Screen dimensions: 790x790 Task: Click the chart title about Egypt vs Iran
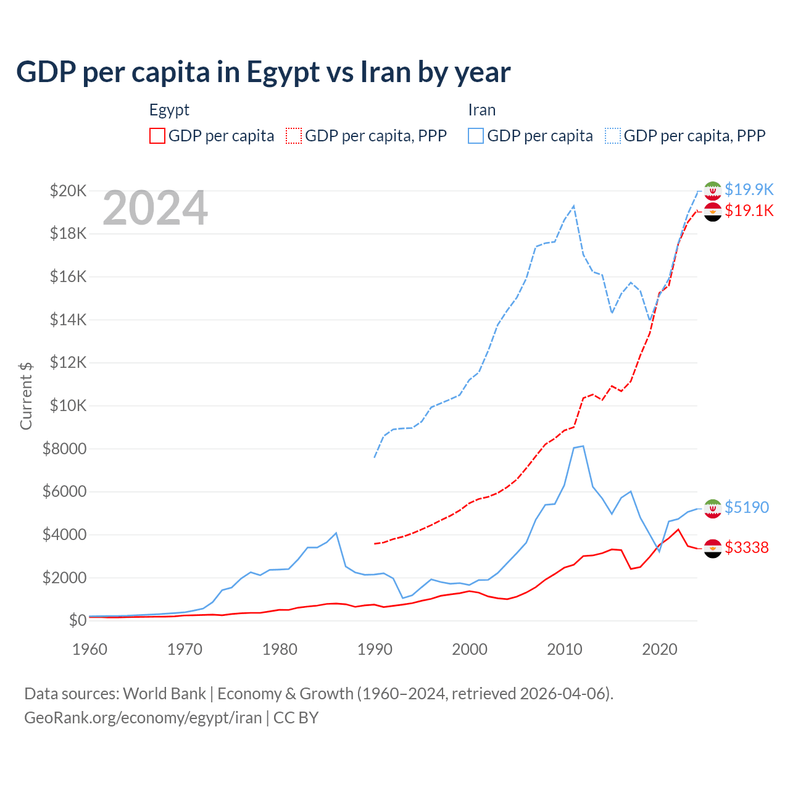click(x=263, y=72)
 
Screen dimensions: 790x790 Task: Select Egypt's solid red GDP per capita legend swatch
click(x=157, y=136)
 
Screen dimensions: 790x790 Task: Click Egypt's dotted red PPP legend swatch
click(x=294, y=136)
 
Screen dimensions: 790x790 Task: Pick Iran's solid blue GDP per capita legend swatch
click(x=476, y=136)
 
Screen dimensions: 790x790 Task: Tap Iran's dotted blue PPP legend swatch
click(x=613, y=136)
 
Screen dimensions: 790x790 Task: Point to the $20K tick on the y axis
click(x=68, y=191)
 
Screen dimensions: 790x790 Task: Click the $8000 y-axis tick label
click(x=64, y=449)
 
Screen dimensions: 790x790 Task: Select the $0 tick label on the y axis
click(x=77, y=620)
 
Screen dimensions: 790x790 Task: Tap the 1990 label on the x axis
click(x=375, y=649)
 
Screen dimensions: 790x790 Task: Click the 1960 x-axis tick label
click(x=90, y=649)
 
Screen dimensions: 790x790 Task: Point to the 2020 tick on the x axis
click(x=660, y=649)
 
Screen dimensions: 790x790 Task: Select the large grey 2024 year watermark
click(x=155, y=209)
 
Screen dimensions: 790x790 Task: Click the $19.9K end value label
click(x=749, y=189)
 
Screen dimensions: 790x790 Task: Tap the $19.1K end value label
click(x=749, y=211)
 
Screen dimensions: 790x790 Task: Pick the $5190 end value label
click(x=747, y=507)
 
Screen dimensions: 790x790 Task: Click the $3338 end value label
click(x=747, y=547)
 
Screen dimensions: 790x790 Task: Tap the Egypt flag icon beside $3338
click(x=713, y=548)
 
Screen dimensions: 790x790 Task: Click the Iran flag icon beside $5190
click(x=713, y=508)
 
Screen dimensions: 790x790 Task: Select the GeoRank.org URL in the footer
click(x=143, y=718)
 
